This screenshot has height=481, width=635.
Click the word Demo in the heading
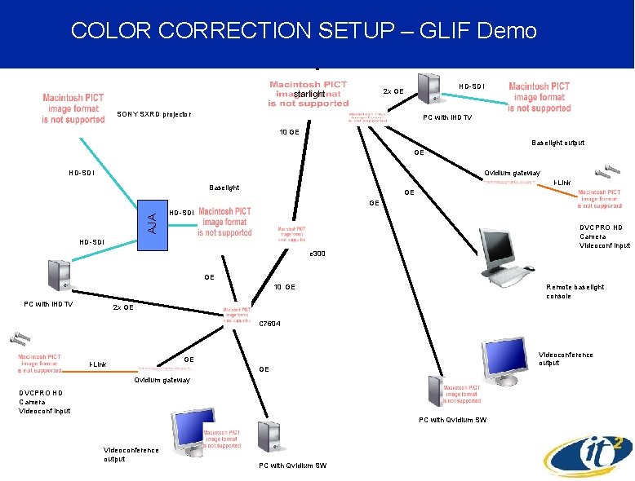(x=511, y=32)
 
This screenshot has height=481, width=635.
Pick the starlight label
(x=309, y=95)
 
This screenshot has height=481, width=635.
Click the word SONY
(x=127, y=114)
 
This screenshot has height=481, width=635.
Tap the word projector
(x=176, y=114)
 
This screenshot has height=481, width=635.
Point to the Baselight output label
(x=558, y=143)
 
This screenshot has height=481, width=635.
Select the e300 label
(x=317, y=254)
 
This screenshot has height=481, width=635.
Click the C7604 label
(x=269, y=324)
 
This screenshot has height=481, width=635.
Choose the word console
(x=559, y=296)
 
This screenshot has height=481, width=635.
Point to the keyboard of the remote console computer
(x=511, y=277)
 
